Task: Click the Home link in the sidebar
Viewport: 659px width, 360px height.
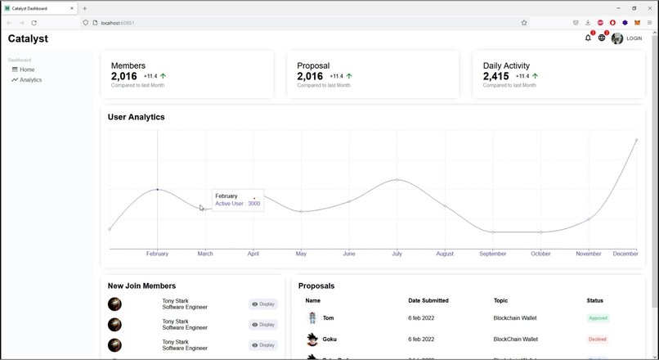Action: tap(27, 70)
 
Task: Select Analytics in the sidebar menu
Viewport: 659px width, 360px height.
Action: tap(30, 80)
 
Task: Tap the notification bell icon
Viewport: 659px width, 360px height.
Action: tap(588, 38)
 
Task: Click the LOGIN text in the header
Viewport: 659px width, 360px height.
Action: tap(634, 38)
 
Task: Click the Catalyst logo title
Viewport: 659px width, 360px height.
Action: tap(28, 38)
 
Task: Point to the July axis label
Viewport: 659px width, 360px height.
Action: tap(397, 254)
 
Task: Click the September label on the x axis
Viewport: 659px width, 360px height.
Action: tap(493, 254)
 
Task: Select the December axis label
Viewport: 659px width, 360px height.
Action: tap(625, 254)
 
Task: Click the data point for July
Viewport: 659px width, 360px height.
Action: tap(397, 179)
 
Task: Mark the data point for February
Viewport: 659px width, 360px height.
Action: tap(158, 190)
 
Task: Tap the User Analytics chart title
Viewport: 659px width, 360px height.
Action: tap(136, 117)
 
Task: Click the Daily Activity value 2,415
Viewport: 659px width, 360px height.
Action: tap(496, 76)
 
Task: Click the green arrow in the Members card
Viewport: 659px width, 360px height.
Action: tap(164, 76)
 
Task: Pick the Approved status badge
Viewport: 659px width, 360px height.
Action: tap(598, 317)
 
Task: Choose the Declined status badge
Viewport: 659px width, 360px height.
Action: tap(598, 339)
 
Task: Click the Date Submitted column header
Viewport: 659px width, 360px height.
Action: tap(428, 301)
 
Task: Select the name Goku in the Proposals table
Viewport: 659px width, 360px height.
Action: tap(330, 339)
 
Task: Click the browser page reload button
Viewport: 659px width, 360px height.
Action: tap(34, 23)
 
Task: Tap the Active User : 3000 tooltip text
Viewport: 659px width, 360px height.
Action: tap(237, 204)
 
